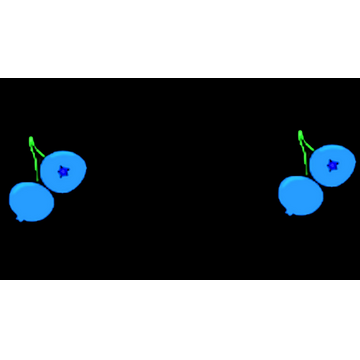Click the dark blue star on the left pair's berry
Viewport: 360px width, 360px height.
(63, 171)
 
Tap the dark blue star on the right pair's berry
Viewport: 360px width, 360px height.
(333, 165)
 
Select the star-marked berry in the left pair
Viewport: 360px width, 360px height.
(65, 172)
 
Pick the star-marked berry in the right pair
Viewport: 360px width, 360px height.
(333, 166)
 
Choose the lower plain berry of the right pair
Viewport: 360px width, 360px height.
(300, 195)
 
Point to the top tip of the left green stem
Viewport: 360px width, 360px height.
(31, 139)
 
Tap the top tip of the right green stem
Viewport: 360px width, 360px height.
(300, 133)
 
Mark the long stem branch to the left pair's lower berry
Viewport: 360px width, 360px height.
(38, 170)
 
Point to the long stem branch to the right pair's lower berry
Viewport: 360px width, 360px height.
(306, 164)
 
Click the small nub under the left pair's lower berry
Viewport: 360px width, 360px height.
(20, 218)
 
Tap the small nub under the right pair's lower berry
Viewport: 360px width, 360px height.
(289, 212)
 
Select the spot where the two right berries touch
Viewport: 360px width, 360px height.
(317, 181)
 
